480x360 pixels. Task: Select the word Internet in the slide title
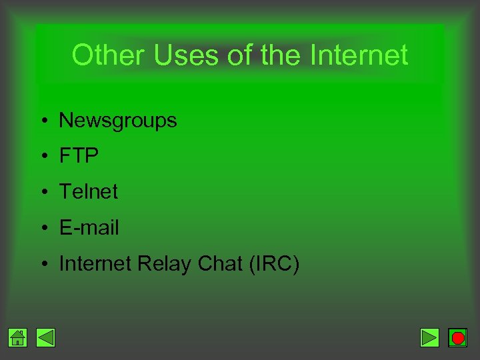pyautogui.click(x=359, y=55)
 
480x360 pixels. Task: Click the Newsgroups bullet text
pyautogui.click(x=118, y=121)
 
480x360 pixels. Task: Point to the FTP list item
pyautogui.click(x=79, y=156)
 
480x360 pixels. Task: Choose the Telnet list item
pyautogui.click(x=88, y=192)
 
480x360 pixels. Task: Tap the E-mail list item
pyautogui.click(x=89, y=228)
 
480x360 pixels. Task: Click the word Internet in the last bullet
pyautogui.click(x=95, y=264)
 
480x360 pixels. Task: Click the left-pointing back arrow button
pyautogui.click(x=45, y=338)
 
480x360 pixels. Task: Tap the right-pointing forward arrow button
pyautogui.click(x=430, y=338)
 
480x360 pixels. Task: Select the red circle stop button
pyautogui.click(x=458, y=338)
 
